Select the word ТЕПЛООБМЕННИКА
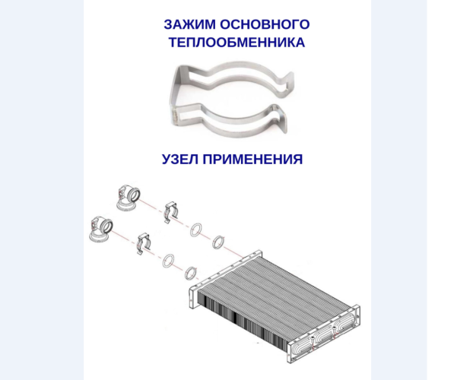click(x=236, y=43)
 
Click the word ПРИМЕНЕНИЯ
click(x=255, y=160)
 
